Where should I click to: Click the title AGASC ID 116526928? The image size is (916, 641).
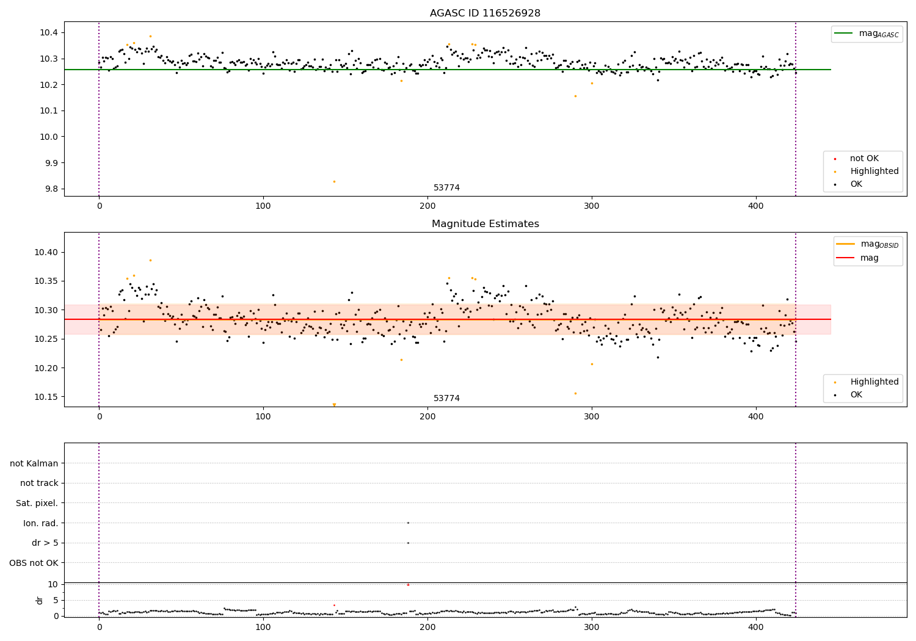[x=485, y=13]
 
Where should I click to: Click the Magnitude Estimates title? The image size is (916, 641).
[x=485, y=223]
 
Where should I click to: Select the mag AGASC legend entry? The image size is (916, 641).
[x=867, y=34]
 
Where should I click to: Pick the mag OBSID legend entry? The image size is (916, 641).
[x=868, y=244]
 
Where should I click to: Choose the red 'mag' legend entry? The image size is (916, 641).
[x=857, y=258]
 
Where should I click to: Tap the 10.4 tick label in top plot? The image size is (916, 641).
[x=49, y=33]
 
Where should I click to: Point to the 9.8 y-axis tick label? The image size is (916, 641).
[x=51, y=189]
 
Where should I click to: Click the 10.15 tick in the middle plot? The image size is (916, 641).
[x=46, y=397]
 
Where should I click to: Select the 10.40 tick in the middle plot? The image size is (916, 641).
[x=46, y=252]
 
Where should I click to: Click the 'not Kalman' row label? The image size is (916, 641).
[x=34, y=463]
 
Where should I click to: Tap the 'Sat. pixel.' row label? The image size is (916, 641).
[x=37, y=503]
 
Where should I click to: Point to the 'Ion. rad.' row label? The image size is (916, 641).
[x=40, y=523]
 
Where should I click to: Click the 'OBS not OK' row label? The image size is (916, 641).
[x=34, y=563]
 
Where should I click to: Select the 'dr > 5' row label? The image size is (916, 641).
[x=45, y=543]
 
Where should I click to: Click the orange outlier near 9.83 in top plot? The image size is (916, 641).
[x=334, y=181]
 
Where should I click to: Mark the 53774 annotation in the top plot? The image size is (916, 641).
[x=446, y=187]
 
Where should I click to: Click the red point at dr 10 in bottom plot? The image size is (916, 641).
[x=408, y=585]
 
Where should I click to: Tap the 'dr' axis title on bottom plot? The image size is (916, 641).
[x=40, y=600]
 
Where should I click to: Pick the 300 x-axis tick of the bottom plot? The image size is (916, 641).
[x=591, y=628]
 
